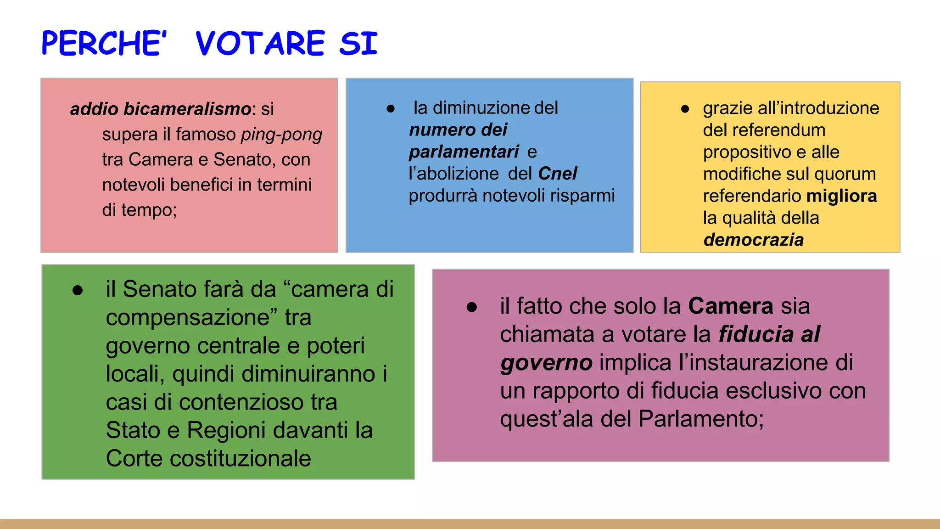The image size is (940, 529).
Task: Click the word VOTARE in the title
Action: click(x=260, y=44)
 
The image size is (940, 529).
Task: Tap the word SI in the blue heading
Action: click(x=358, y=44)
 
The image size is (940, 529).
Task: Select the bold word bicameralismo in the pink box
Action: click(x=187, y=109)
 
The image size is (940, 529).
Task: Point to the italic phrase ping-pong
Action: click(x=281, y=134)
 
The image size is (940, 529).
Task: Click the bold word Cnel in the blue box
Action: click(x=557, y=174)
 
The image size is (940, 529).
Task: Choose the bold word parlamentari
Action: click(x=464, y=152)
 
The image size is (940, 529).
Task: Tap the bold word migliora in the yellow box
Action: click(x=841, y=196)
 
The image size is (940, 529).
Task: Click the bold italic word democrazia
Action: click(x=753, y=240)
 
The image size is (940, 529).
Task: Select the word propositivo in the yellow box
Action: click(x=747, y=152)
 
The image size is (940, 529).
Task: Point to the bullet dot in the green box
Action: click(x=78, y=290)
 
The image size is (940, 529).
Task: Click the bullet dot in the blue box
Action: click(x=391, y=109)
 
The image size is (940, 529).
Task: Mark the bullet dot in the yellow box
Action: click(x=685, y=109)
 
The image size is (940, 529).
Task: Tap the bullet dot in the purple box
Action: click(x=472, y=307)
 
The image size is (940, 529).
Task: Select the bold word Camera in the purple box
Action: click(x=731, y=306)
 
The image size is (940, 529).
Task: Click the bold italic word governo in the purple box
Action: click(x=546, y=363)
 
